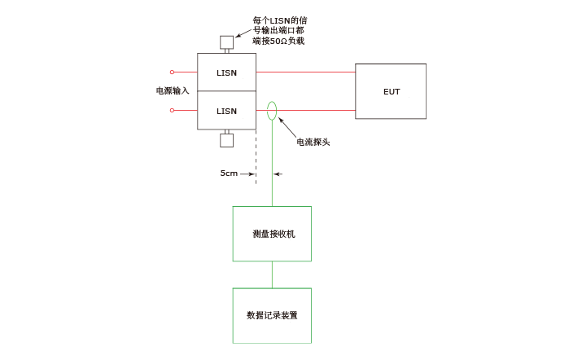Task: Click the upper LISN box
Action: [226, 72]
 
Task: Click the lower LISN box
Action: [226, 111]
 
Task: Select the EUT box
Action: [391, 91]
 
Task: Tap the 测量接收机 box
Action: [272, 234]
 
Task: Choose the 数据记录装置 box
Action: [272, 315]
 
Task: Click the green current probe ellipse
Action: [272, 110]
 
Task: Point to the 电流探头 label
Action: [313, 142]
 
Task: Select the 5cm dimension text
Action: [229, 173]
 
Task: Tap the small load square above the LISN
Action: [226, 42]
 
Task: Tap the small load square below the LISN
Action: [226, 140]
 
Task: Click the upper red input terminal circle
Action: [172, 72]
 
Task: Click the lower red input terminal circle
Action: [172, 110]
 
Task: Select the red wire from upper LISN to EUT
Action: [305, 72]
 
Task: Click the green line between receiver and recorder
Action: [272, 274]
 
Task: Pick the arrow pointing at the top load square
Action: [243, 33]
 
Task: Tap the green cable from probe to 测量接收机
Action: [272, 163]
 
